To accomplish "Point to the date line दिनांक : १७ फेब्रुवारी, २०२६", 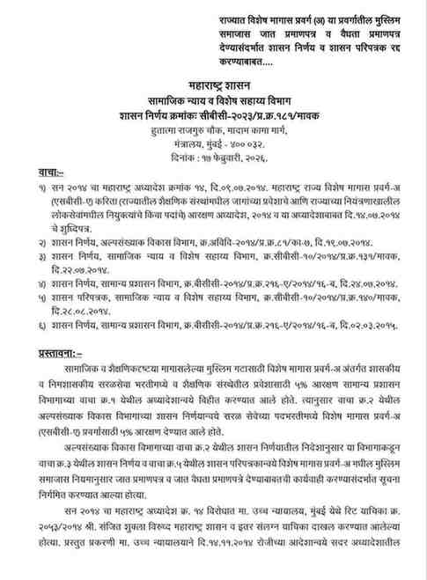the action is coord(217,160).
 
